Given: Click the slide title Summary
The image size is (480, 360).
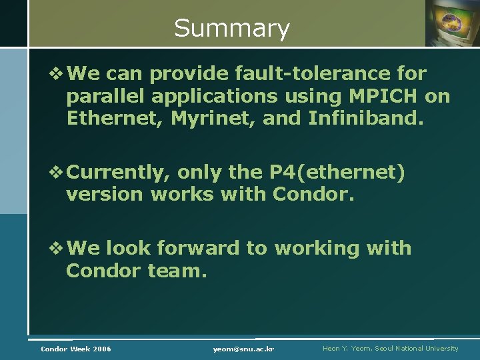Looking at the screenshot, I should click(231, 28).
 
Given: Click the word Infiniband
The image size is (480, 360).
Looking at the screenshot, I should click(365, 119).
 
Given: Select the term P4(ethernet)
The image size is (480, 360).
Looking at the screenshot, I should click(337, 173).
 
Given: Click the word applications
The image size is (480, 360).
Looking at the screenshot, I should click(214, 97).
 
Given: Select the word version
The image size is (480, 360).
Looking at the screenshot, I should click(105, 195).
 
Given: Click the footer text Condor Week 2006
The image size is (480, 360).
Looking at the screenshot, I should click(76, 349).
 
